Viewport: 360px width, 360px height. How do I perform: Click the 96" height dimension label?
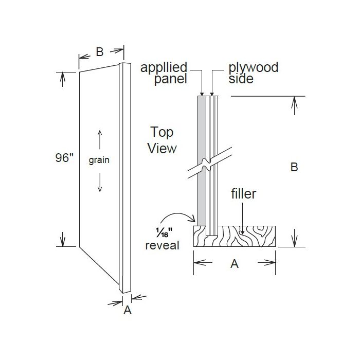(x=64, y=158)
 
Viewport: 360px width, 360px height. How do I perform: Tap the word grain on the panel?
(x=99, y=160)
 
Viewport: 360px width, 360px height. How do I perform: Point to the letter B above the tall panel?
(x=100, y=51)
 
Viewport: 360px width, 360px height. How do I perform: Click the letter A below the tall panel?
(x=128, y=310)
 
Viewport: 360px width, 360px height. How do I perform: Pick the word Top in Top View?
(x=161, y=132)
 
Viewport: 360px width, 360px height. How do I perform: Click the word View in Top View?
(x=162, y=148)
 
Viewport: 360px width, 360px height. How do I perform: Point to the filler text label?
(x=243, y=194)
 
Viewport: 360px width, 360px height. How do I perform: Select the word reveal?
(x=163, y=245)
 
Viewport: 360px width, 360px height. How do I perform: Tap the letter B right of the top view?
(x=294, y=167)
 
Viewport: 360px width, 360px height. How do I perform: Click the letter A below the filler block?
(x=234, y=264)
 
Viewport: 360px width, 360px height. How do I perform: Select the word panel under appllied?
(x=171, y=79)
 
